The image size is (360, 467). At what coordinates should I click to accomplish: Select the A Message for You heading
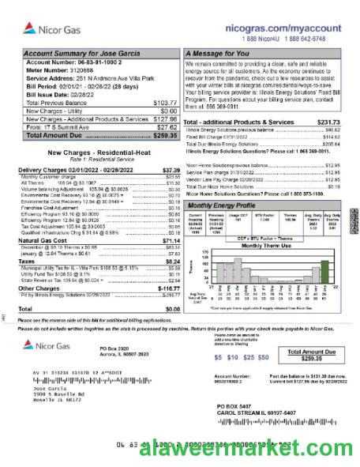click(x=218, y=53)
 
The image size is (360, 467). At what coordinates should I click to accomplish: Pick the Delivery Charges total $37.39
click(x=171, y=170)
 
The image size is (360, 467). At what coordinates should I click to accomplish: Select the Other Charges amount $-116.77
click(x=168, y=289)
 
